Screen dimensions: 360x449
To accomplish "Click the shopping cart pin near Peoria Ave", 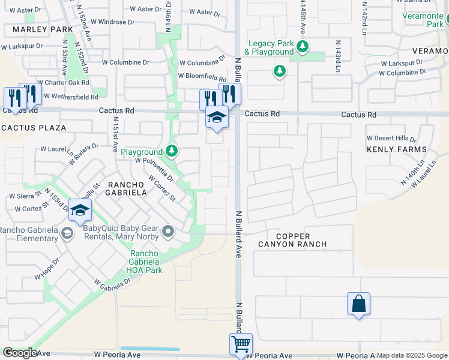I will [241, 344].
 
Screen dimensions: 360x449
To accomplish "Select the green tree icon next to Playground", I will [172, 150].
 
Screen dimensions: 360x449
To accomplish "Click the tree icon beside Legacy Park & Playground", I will [303, 46].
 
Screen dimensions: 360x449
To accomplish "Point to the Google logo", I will [20, 353].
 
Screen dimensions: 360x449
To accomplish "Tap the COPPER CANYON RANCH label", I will [292, 239].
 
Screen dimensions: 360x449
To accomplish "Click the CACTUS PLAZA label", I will [25, 128].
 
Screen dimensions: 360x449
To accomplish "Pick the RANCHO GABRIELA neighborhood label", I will [127, 188].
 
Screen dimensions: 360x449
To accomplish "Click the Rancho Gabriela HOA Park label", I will [145, 262].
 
